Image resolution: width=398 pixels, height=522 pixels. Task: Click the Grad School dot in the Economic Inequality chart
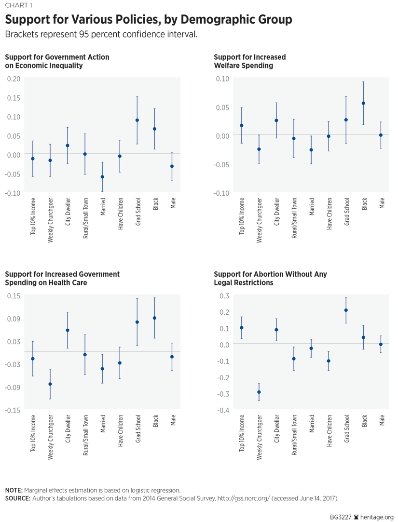tap(137, 120)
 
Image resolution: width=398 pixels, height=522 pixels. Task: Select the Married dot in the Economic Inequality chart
tap(102, 177)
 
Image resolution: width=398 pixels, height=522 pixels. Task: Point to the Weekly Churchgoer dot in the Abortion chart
tap(259, 392)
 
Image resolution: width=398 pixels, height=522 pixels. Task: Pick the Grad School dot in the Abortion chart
tap(346, 310)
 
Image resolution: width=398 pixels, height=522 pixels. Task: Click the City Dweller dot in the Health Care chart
tap(68, 330)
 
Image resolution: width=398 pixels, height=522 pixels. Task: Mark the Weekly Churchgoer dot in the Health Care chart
tap(50, 384)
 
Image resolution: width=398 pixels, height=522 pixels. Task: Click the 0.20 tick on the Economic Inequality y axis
tap(14, 79)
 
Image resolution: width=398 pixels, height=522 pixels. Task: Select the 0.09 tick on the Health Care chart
tap(14, 319)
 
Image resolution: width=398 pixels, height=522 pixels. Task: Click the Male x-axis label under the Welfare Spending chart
tap(382, 204)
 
